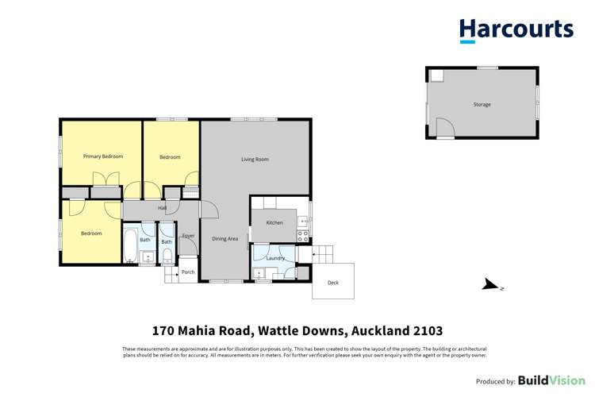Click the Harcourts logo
click(x=516, y=30)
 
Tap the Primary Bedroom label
click(x=103, y=156)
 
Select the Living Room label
click(x=255, y=160)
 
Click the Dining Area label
click(x=225, y=238)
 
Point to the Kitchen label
click(x=274, y=223)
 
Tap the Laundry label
click(x=275, y=258)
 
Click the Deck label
click(x=332, y=283)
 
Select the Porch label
click(x=188, y=272)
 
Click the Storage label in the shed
click(x=482, y=105)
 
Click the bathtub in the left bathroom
click(x=130, y=247)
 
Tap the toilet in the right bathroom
click(x=167, y=255)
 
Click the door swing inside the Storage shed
click(x=445, y=127)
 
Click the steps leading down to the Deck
click(x=323, y=255)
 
